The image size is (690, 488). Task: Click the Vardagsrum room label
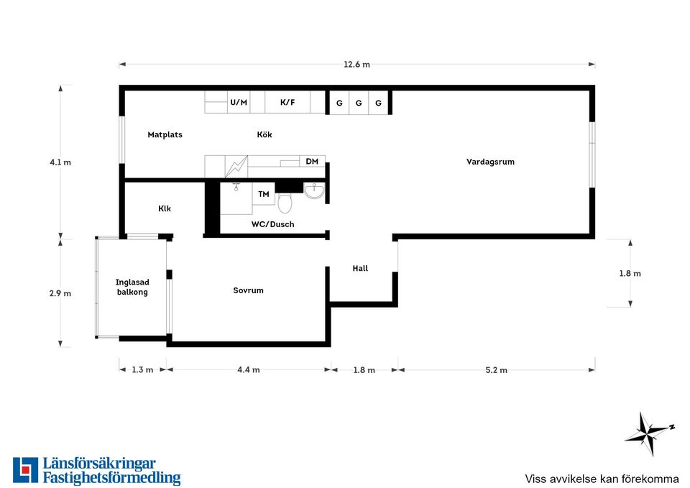point(490,162)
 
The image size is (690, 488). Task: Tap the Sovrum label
point(248,290)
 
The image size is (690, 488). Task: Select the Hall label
point(360,268)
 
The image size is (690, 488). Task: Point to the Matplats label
point(165,134)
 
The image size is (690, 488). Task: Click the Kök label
point(264,134)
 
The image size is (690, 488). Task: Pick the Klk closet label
point(165,208)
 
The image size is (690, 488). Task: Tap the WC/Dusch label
point(273,224)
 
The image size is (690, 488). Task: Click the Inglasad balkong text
point(132,287)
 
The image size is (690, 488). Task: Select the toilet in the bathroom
point(285,203)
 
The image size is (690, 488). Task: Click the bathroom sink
point(314,191)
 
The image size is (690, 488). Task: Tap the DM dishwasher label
point(312,162)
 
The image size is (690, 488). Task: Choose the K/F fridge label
point(287,103)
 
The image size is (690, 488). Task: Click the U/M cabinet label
point(239,103)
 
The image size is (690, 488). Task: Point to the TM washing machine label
point(264,194)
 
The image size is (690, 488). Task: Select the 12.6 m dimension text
point(357,65)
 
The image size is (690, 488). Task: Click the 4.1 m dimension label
point(60,162)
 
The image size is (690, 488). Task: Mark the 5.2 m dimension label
point(497,370)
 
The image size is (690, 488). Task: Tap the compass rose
point(648,433)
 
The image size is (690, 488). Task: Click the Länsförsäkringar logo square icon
point(26,470)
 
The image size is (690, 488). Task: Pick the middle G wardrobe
point(359,103)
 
